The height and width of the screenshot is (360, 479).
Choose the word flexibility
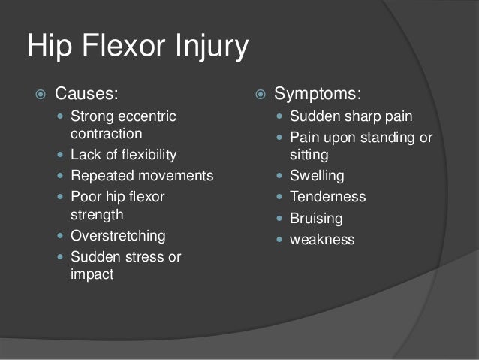(x=141, y=155)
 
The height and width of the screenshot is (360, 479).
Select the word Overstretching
(x=118, y=235)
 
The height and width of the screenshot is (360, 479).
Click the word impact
(x=92, y=274)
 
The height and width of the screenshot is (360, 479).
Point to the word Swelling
(x=317, y=176)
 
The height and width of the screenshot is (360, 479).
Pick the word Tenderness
(x=327, y=197)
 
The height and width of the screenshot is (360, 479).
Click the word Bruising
(x=316, y=219)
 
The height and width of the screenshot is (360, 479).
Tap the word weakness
(x=322, y=240)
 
